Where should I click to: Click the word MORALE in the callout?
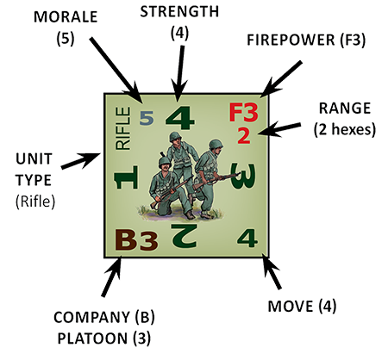tap(66, 17)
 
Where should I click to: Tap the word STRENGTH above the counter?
tap(179, 12)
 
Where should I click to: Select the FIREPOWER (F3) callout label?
tap(306, 40)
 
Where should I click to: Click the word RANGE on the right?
tap(345, 109)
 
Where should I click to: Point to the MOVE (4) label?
tap(302, 307)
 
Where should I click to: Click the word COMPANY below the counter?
tap(91, 317)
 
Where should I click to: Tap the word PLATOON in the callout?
tap(92, 338)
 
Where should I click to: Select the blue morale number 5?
tap(147, 118)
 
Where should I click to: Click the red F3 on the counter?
tap(243, 113)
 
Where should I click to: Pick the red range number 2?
tap(244, 136)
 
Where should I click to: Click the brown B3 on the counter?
tap(136, 240)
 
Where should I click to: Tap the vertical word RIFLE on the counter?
tap(123, 128)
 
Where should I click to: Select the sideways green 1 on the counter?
tap(127, 177)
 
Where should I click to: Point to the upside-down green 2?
tap(185, 236)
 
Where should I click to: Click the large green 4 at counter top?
tap(180, 118)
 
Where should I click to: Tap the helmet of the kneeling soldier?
tap(164, 161)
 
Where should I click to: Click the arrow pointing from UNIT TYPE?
tap(81, 161)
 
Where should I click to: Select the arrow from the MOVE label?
tap(271, 271)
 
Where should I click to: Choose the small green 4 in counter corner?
tap(247, 238)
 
